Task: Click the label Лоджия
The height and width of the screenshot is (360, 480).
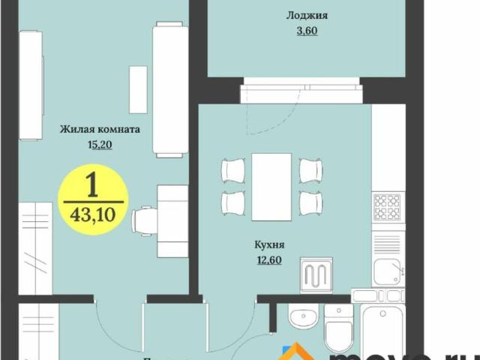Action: click(307, 15)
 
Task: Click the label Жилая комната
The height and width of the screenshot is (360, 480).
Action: click(100, 129)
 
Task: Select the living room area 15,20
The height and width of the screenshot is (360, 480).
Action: click(100, 145)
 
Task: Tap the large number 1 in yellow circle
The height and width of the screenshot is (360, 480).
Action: click(93, 184)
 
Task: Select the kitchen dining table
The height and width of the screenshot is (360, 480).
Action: click(271, 187)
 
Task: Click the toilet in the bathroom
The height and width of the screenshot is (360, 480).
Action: click(337, 330)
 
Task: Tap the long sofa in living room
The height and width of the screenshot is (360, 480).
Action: click(169, 90)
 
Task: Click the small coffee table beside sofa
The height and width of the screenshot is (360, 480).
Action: click(138, 89)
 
